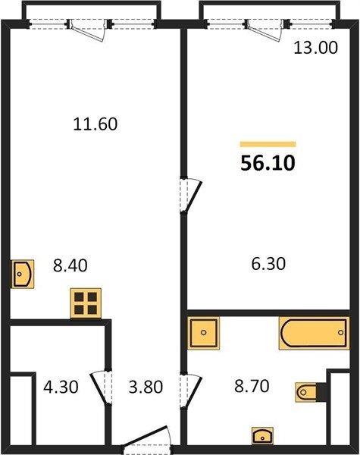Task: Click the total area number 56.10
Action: (x=268, y=163)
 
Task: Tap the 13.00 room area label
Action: (x=315, y=48)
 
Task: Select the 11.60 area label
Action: (x=95, y=124)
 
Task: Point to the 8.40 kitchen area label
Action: (x=70, y=265)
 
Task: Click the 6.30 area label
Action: (x=268, y=264)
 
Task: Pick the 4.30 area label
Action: (x=61, y=387)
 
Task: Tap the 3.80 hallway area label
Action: (x=146, y=387)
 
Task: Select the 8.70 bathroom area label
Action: (x=252, y=386)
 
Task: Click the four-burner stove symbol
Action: (x=86, y=303)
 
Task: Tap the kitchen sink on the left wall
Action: (x=23, y=274)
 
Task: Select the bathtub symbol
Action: (x=315, y=333)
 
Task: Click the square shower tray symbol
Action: (x=203, y=333)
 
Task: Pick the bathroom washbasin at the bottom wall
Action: (x=262, y=435)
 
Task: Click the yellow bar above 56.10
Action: (x=268, y=144)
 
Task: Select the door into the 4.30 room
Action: (x=102, y=387)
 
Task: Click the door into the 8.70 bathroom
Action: (x=191, y=391)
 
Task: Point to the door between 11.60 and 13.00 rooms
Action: (x=191, y=195)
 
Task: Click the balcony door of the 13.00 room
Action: (x=265, y=30)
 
